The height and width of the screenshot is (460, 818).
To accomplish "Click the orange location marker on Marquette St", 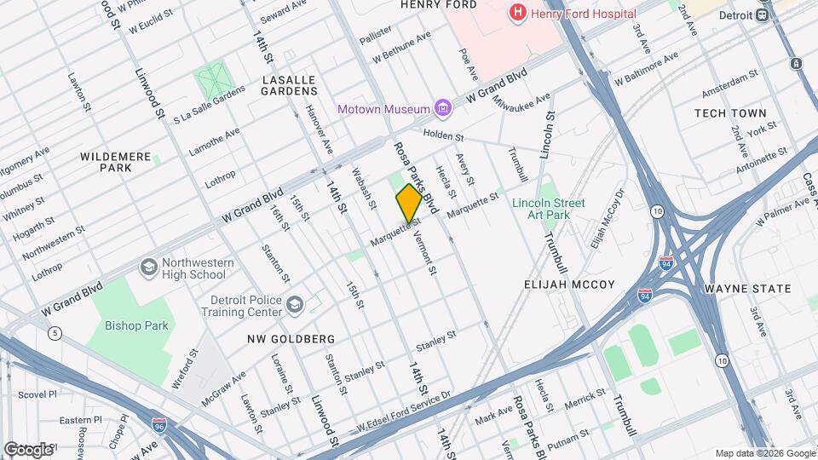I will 409,204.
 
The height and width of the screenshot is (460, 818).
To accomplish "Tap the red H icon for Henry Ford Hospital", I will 516,13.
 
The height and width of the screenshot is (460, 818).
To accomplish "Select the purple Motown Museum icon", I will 441,108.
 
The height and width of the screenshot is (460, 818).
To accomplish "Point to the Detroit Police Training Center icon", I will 295,305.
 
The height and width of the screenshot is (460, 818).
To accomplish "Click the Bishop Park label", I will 137,325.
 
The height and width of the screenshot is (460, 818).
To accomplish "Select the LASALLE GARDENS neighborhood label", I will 289,84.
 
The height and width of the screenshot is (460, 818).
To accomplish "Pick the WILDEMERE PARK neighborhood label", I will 117,162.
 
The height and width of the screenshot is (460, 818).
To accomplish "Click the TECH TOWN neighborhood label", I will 730,113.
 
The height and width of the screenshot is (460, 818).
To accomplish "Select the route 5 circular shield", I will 55,333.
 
